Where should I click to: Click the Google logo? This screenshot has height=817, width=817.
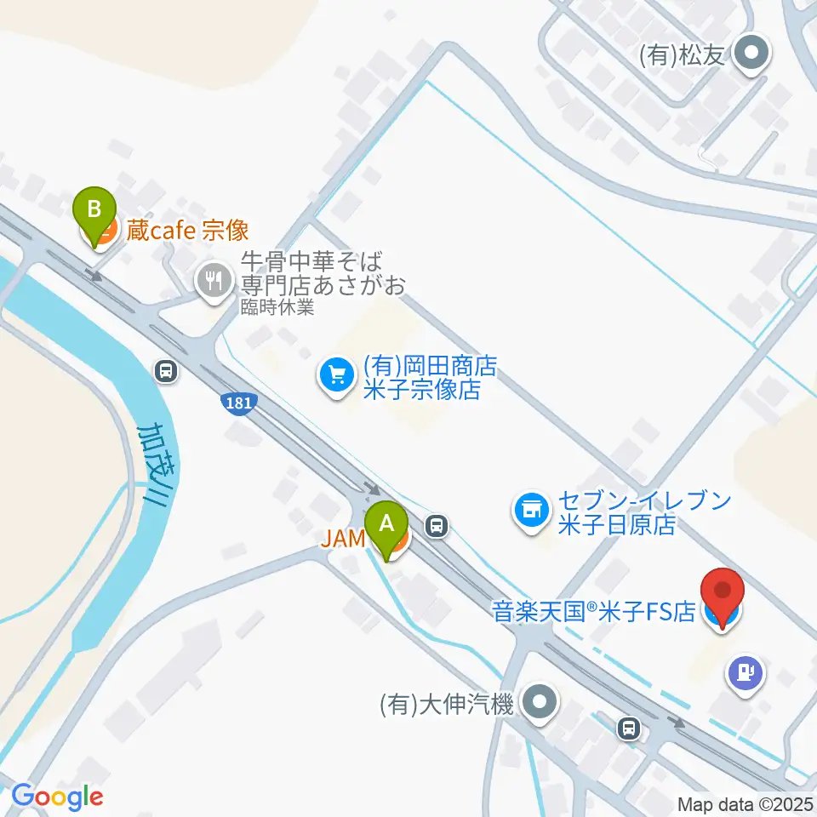click(x=57, y=797)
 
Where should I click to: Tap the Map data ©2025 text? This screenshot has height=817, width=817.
click(x=744, y=803)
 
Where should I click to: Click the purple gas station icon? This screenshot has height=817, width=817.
click(x=746, y=674)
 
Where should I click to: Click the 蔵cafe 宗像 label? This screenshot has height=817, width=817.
click(x=187, y=230)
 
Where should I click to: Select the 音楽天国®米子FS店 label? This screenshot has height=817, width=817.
click(x=594, y=612)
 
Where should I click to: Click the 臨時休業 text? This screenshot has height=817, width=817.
click(x=277, y=307)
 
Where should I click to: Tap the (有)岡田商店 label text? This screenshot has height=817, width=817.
click(x=429, y=367)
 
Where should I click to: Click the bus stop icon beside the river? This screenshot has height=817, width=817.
click(x=167, y=370)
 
